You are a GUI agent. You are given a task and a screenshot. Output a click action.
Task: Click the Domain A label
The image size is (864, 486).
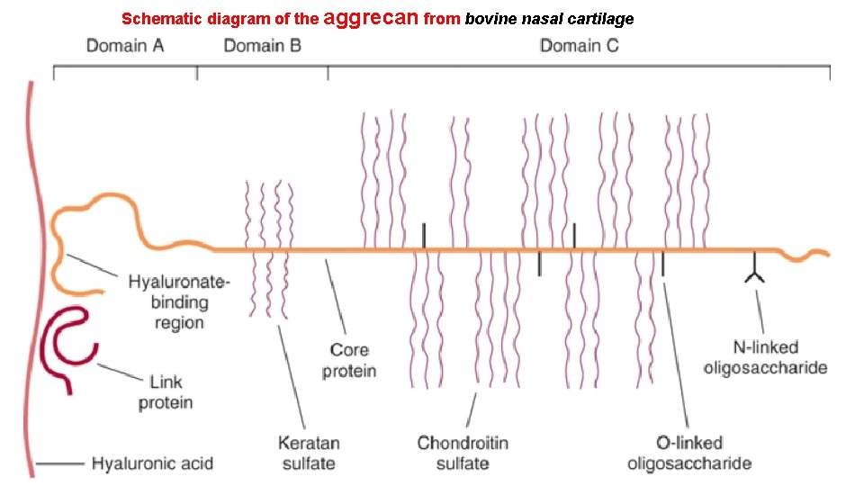coord(125,45)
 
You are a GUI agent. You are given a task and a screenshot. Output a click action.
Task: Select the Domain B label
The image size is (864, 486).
coord(262,45)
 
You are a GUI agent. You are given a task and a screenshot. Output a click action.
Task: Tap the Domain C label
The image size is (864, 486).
coord(579,45)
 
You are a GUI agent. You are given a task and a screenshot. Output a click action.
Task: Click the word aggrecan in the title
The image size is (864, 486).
coord(370,17)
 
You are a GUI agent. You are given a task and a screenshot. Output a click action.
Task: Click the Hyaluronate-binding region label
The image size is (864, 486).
coord(178,301)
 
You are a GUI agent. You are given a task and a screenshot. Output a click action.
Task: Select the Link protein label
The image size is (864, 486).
coord(166,392)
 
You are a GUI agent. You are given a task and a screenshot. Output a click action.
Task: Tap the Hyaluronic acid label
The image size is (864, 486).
coord(152,464)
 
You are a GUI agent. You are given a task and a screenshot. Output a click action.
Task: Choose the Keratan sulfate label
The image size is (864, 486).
coord(309,453)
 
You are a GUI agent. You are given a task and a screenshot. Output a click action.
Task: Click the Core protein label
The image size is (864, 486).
coord(348,359)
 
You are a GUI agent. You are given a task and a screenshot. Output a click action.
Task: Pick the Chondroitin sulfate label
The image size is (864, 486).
coord(463,453)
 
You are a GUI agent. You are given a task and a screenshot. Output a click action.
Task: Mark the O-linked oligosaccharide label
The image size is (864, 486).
coord(688,453)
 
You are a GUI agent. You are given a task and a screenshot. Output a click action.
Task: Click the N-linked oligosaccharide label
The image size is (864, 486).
coord(765,357)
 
